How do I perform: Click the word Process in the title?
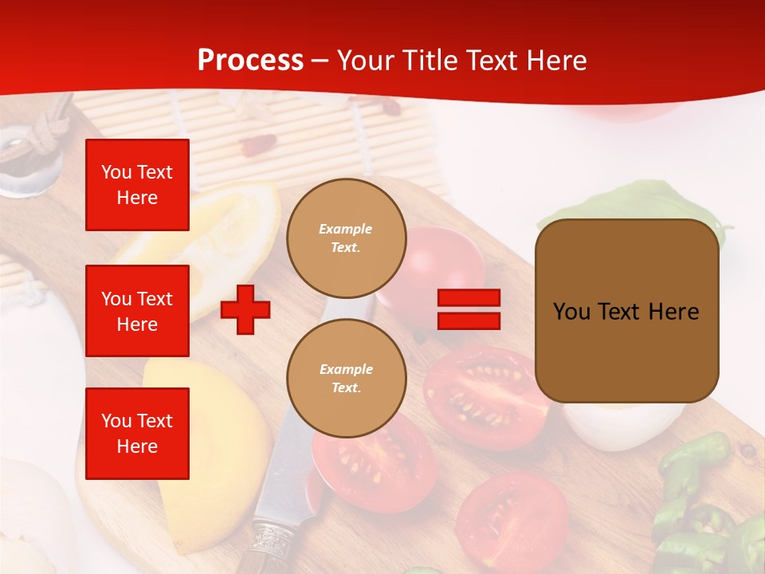tap(250, 61)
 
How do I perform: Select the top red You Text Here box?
tap(137, 185)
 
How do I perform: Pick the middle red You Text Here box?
tap(137, 311)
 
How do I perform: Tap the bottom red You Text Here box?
tap(137, 434)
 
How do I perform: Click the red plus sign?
tap(245, 309)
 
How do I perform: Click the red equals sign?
tap(469, 309)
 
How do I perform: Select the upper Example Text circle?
tap(346, 238)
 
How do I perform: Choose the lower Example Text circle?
tap(346, 379)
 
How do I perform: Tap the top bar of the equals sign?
tap(469, 298)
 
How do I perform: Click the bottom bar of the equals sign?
tap(469, 321)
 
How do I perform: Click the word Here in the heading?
tap(555, 61)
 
